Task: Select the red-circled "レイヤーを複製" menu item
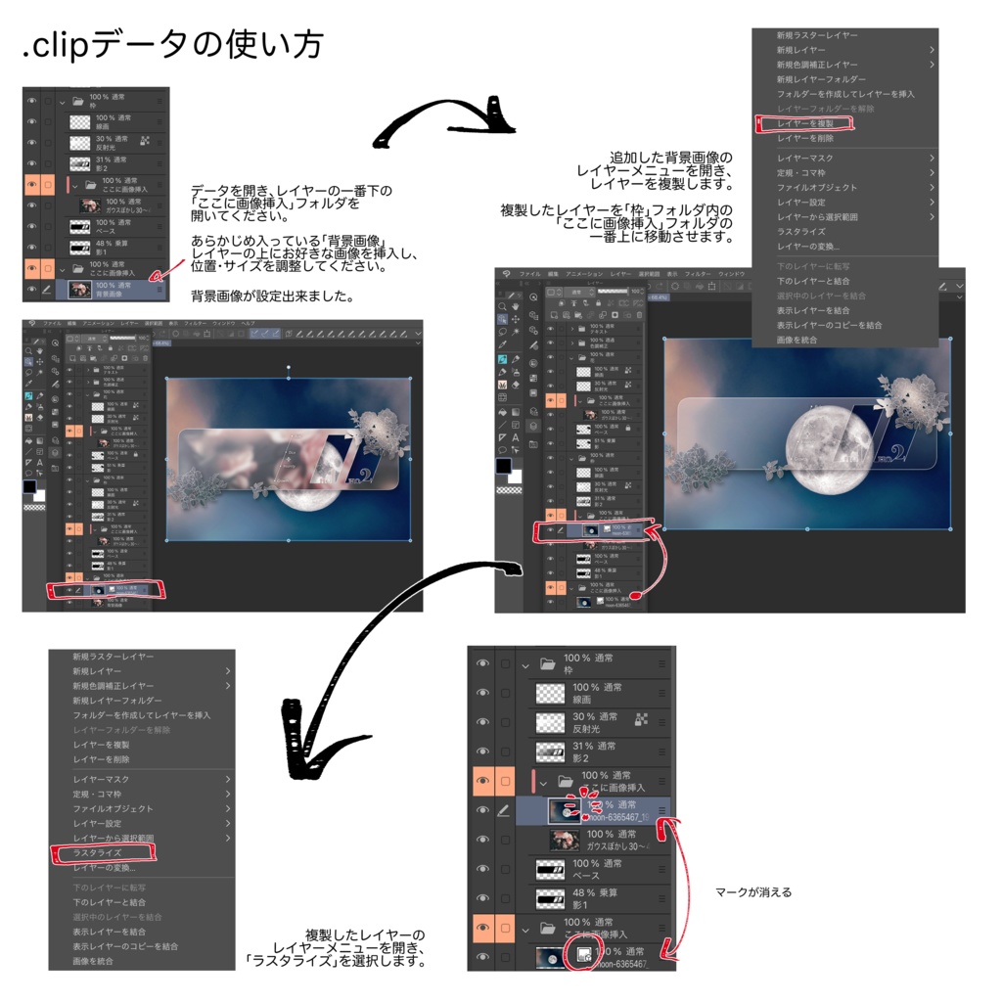click(x=805, y=123)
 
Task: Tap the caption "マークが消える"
click(x=753, y=891)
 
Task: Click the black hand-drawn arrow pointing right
click(x=445, y=122)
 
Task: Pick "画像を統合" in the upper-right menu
click(x=797, y=340)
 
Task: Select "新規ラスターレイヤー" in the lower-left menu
click(x=113, y=657)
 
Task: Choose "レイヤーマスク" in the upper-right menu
click(x=805, y=158)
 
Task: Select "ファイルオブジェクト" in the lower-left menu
click(x=113, y=808)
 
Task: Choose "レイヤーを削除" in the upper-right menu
click(x=805, y=138)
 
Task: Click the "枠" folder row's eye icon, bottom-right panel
click(x=482, y=663)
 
